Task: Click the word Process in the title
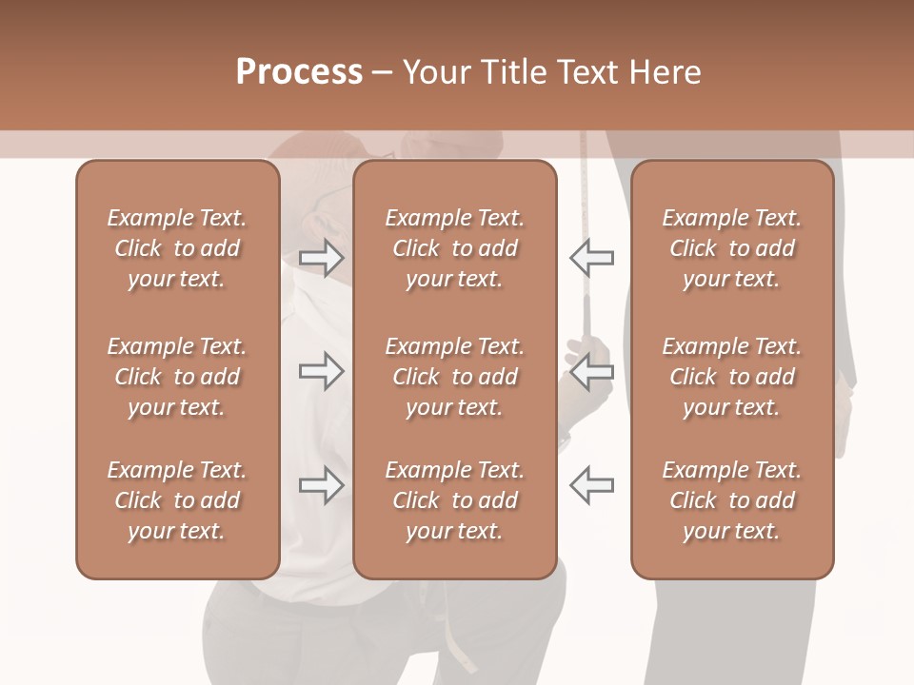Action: coord(299,72)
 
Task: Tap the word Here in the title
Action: coord(666,72)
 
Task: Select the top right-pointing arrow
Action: coord(322,258)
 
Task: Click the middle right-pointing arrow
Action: coord(322,371)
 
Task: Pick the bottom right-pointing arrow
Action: coord(322,485)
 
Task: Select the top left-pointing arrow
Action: coord(592,258)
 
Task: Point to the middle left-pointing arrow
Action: coord(592,371)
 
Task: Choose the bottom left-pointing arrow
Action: coord(592,485)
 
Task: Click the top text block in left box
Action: coord(177,248)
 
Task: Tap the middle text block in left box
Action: coord(177,377)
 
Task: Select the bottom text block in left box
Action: coord(177,500)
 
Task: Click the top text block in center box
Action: coord(455,248)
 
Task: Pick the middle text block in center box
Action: coord(455,377)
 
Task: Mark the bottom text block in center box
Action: coord(455,500)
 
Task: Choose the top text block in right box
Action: coord(732,248)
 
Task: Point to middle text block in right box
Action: coord(732,377)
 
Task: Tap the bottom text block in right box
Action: coord(732,500)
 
